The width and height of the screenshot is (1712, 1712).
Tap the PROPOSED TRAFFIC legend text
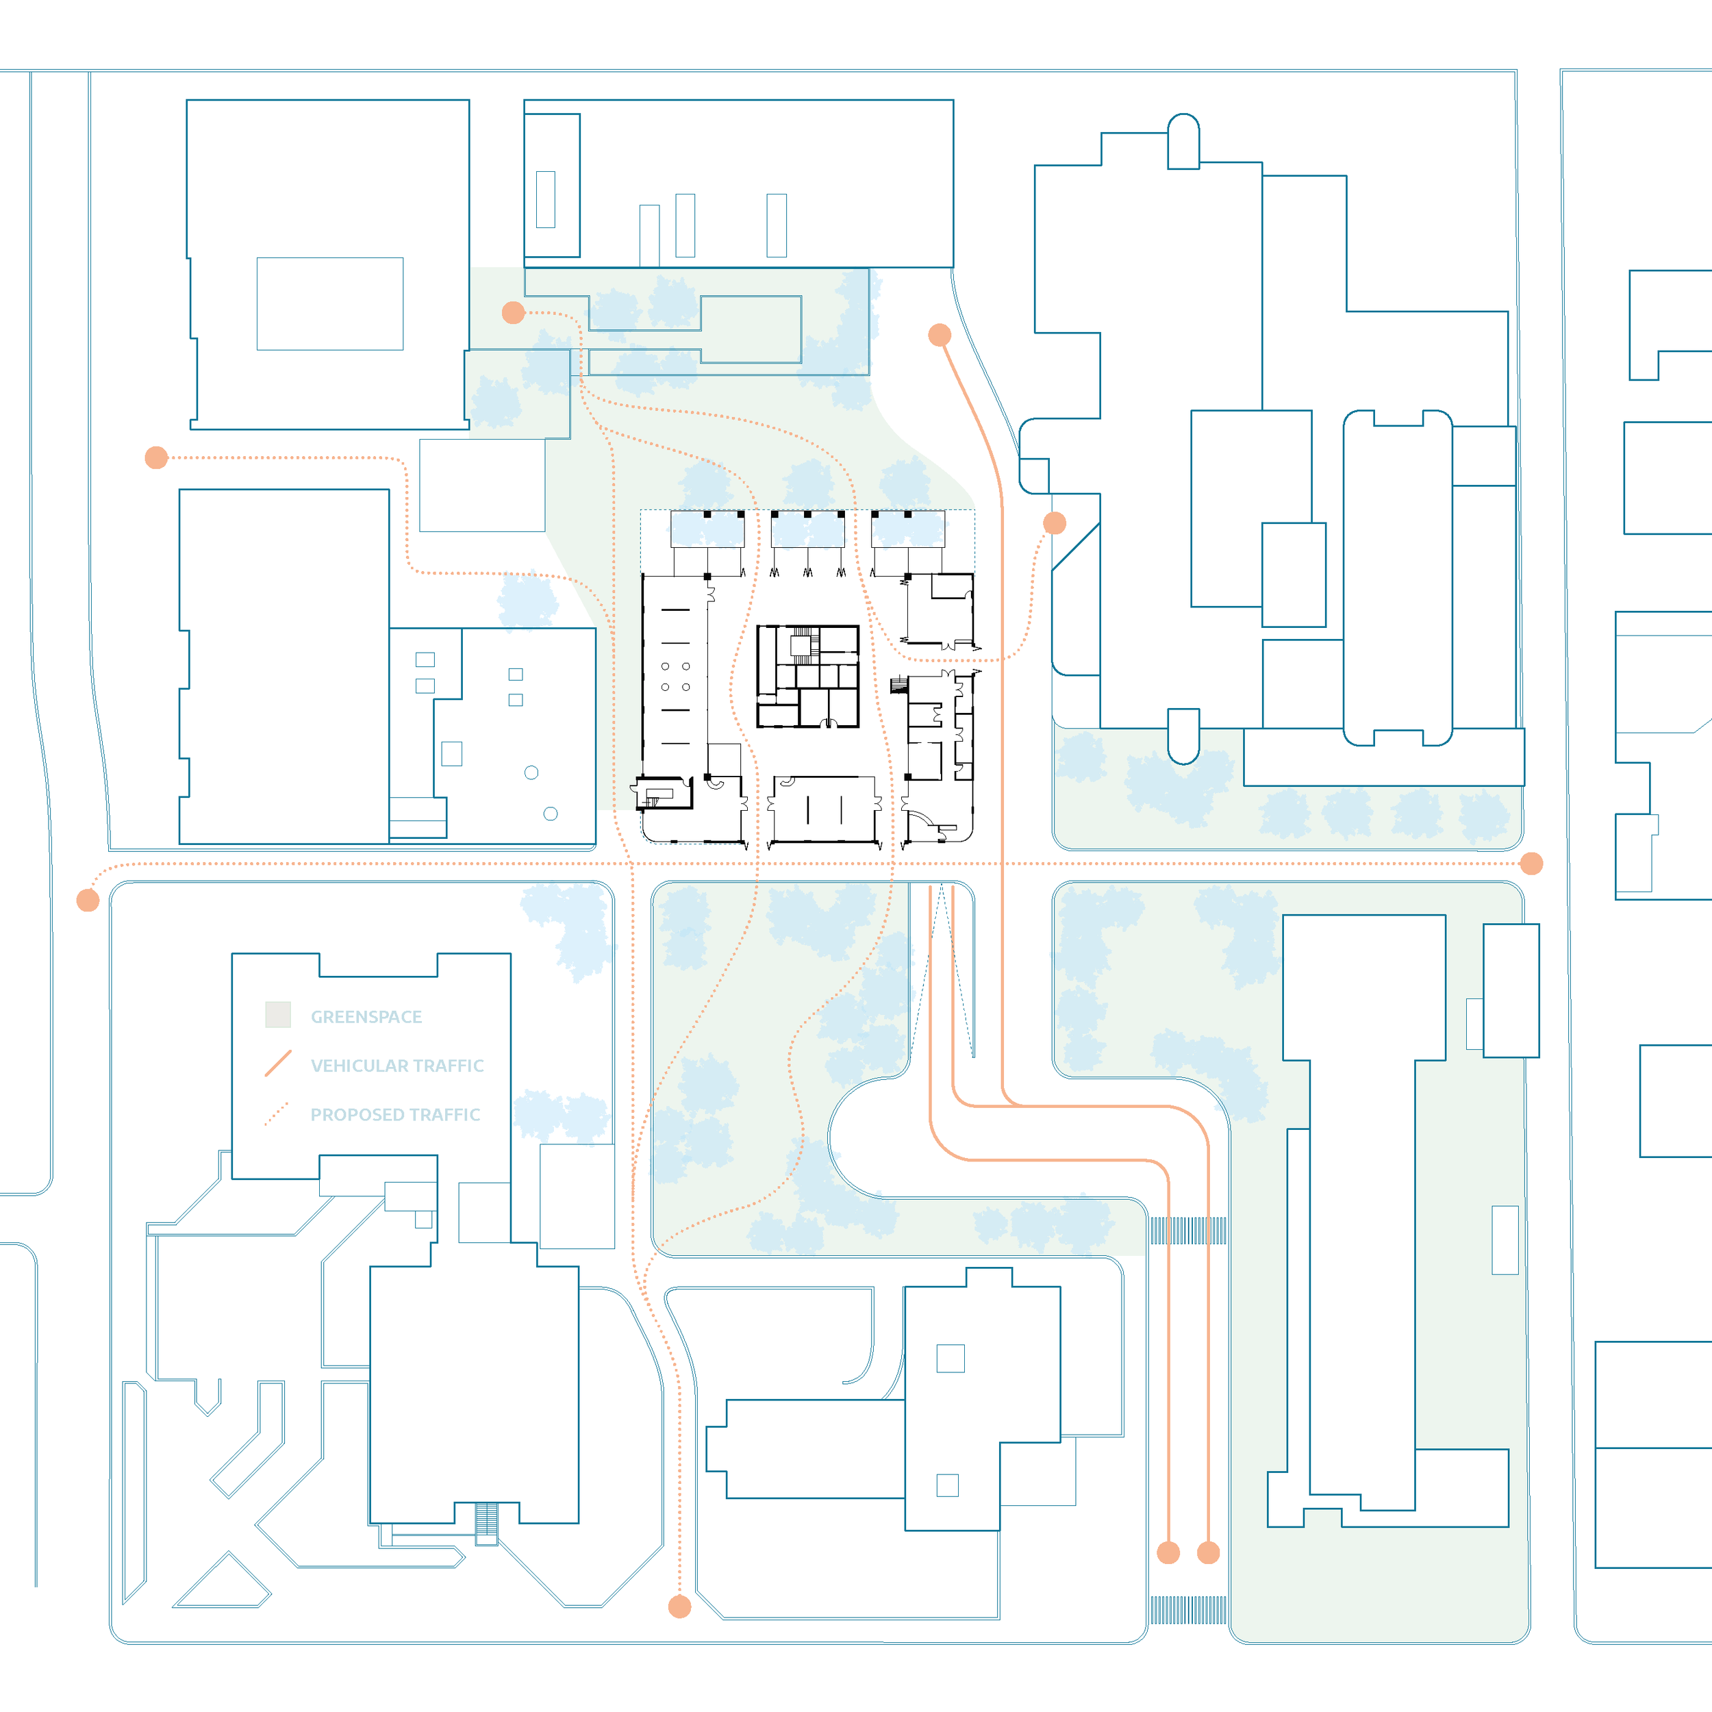[x=395, y=1115]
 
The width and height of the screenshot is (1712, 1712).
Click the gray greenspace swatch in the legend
[x=278, y=1015]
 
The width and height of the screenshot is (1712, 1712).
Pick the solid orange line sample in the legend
[x=278, y=1063]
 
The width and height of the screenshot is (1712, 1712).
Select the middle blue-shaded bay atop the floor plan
[x=807, y=529]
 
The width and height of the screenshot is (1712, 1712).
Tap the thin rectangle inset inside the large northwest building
[x=329, y=304]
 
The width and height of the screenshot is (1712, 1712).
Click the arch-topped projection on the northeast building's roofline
[x=1183, y=141]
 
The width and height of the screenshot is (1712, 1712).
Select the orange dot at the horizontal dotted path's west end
[x=88, y=901]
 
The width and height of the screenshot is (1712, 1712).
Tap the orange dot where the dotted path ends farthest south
[x=679, y=1607]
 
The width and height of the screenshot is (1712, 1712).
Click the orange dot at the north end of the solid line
[x=940, y=335]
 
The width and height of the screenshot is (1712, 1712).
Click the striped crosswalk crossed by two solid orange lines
[x=1188, y=1231]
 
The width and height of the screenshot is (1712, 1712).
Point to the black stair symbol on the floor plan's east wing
[x=899, y=685]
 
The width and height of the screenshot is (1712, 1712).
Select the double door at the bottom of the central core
[x=829, y=724]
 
